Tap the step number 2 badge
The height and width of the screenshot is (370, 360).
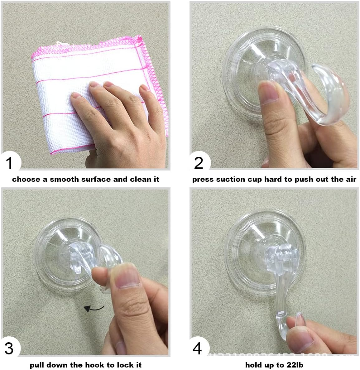199,162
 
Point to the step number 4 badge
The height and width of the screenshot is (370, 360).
198,348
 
